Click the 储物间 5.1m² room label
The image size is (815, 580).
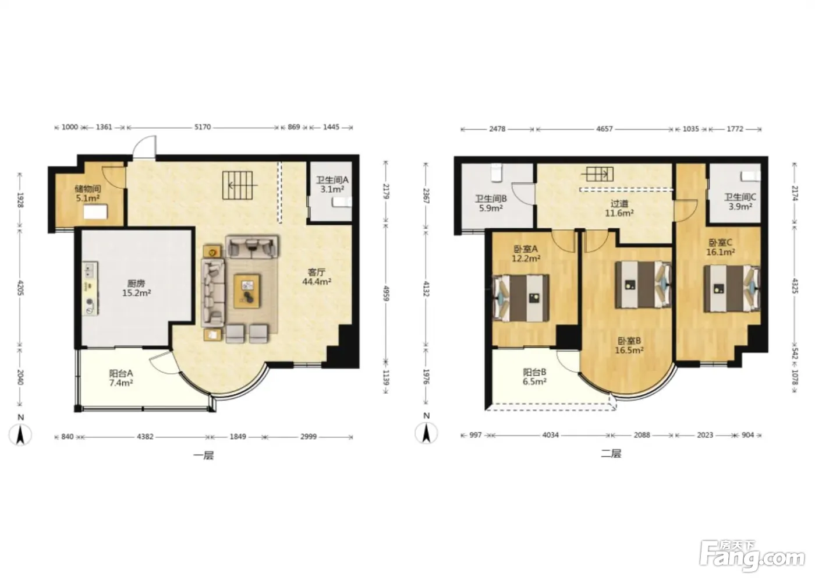click(88, 193)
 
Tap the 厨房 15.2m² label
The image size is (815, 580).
click(136, 288)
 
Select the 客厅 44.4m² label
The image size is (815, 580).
click(317, 277)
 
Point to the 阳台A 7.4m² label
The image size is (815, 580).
click(121, 378)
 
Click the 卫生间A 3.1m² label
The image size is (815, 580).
click(332, 185)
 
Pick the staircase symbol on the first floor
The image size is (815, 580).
click(238, 185)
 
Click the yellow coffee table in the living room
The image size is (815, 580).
click(247, 291)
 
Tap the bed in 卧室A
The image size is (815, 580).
click(520, 298)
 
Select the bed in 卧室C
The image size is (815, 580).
click(732, 289)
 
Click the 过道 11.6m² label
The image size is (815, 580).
click(619, 208)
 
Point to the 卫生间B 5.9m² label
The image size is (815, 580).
click(491, 203)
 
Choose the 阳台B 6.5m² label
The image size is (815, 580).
click(534, 377)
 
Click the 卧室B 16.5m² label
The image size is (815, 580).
click(629, 345)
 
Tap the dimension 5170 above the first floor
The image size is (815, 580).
click(203, 127)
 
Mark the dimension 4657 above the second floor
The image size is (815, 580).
click(604, 129)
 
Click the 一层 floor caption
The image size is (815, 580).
click(203, 455)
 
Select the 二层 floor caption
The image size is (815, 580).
click(611, 454)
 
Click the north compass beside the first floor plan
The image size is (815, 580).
click(20, 431)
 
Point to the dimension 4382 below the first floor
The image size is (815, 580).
click(145, 436)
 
